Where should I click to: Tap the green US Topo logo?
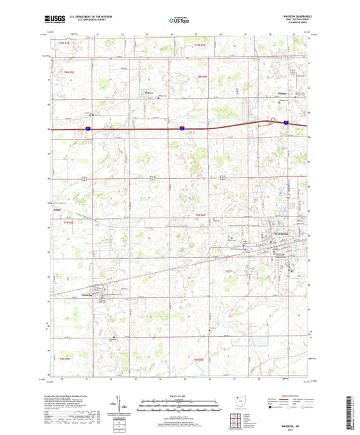pyautogui.click(x=178, y=21)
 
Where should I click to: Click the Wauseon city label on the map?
pyautogui.click(x=281, y=234)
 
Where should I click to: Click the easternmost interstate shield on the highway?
pyautogui.click(x=286, y=123)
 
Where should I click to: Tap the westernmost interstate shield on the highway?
pyautogui.click(x=89, y=127)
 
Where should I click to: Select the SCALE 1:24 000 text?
pyautogui.click(x=179, y=395)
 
